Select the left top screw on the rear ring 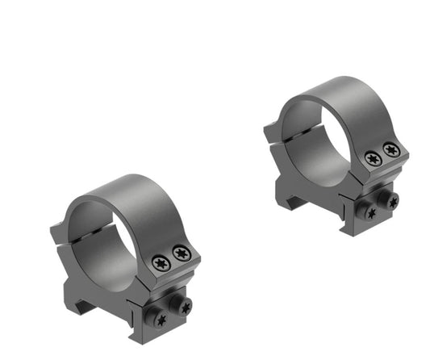(x=372, y=159)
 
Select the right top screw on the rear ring (x=391, y=150)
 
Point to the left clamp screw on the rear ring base (x=370, y=213)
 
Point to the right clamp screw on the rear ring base (x=392, y=200)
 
